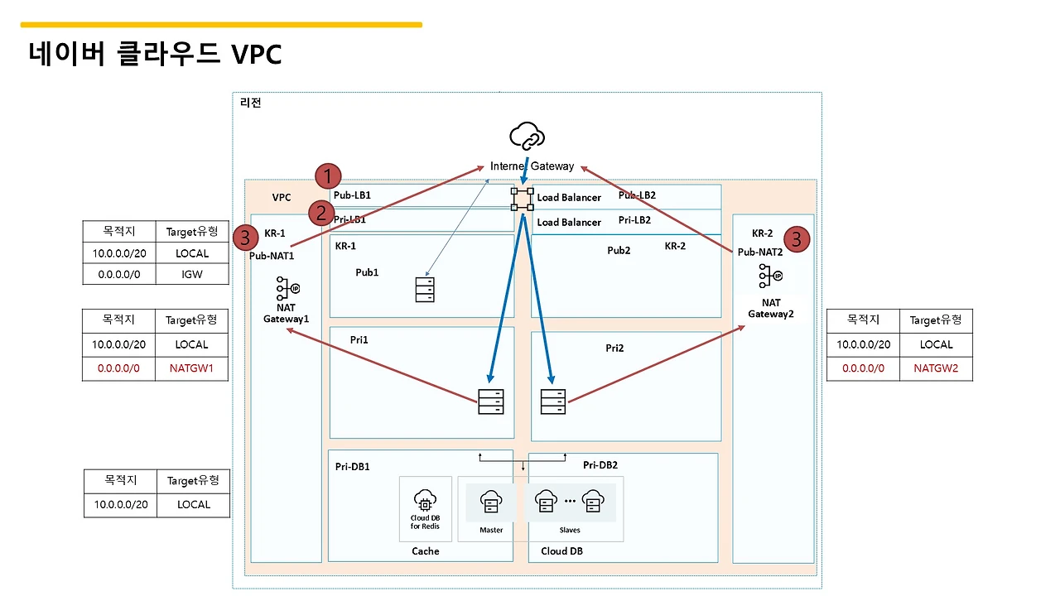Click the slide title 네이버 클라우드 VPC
click(156, 54)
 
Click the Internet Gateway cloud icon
click(528, 135)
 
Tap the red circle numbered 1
click(329, 176)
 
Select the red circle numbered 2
click(321, 214)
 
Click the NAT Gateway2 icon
click(771, 276)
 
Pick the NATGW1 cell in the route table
click(192, 368)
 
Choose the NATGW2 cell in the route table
click(936, 368)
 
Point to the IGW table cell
click(192, 273)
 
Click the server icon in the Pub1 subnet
click(425, 289)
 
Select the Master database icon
click(491, 502)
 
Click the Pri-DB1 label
click(353, 467)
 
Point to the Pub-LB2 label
click(637, 195)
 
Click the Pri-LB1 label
click(349, 220)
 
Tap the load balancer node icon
click(523, 198)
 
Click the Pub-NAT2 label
click(759, 252)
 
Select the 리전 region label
click(250, 103)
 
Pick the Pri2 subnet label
click(614, 348)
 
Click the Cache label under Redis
click(426, 551)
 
